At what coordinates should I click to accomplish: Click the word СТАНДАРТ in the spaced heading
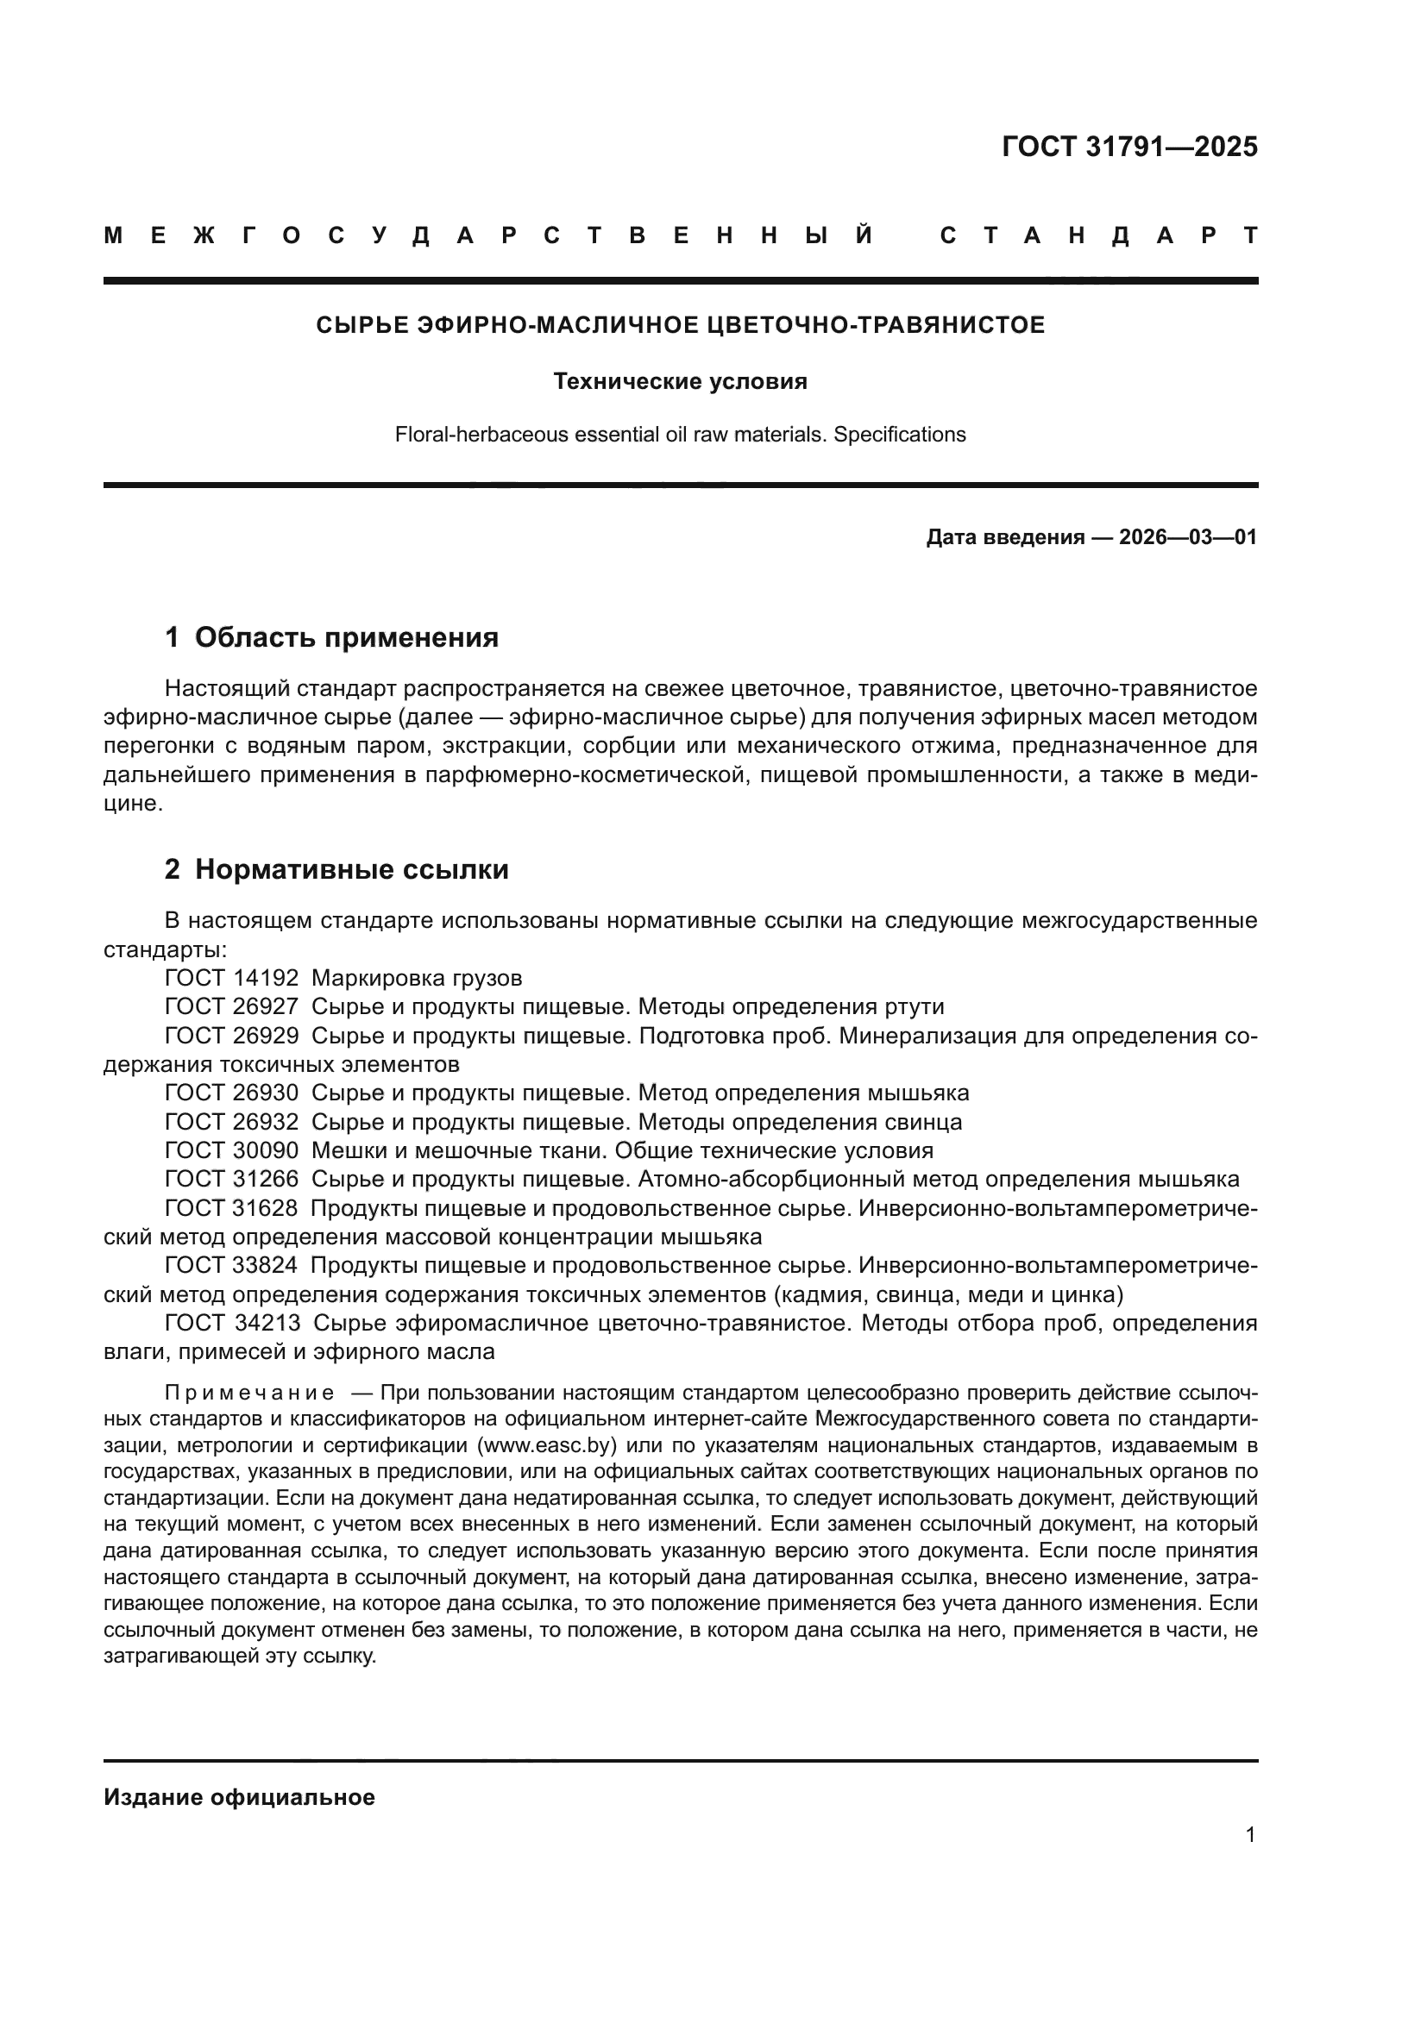pyautogui.click(x=1098, y=235)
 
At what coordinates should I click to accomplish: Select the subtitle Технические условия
pyautogui.click(x=680, y=381)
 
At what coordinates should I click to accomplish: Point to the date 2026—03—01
pyautogui.click(x=1188, y=536)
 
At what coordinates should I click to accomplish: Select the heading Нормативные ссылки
pyautogui.click(x=351, y=869)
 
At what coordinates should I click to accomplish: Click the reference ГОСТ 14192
pyautogui.click(x=231, y=978)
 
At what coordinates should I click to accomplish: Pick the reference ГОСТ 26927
pyautogui.click(x=231, y=1006)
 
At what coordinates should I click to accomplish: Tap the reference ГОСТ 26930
pyautogui.click(x=231, y=1093)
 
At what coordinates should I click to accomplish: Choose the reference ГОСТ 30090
pyautogui.click(x=231, y=1150)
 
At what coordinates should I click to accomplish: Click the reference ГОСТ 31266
pyautogui.click(x=231, y=1179)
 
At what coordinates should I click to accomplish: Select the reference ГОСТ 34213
pyautogui.click(x=232, y=1323)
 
